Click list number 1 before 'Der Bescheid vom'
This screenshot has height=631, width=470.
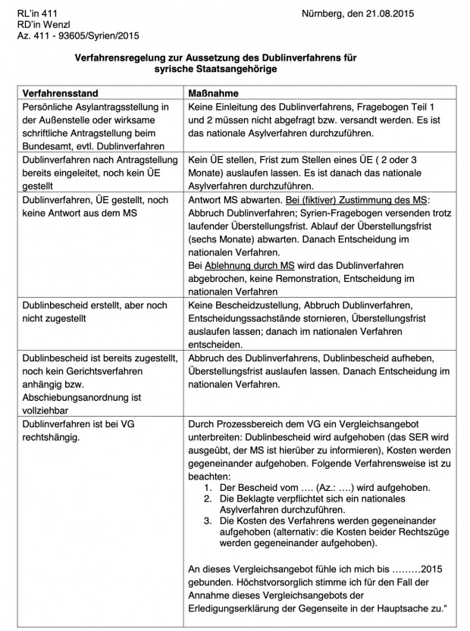[206, 487]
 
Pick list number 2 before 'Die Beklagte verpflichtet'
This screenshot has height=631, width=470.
[206, 499]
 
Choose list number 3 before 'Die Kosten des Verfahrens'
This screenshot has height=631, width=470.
[206, 522]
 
